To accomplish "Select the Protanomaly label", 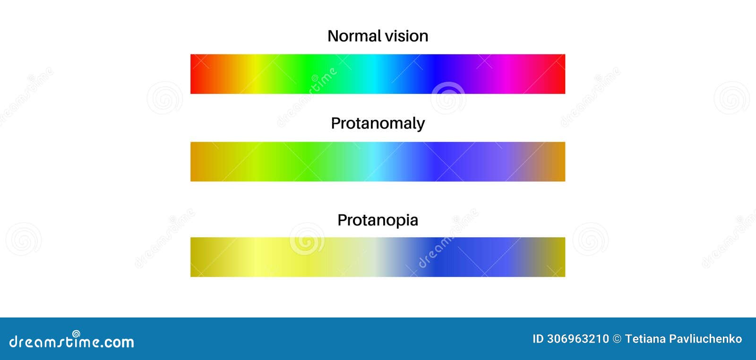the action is click(x=378, y=124).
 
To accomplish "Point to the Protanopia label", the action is click(x=378, y=221).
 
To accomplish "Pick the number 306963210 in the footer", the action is click(x=578, y=339).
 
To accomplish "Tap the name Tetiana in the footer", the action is click(x=645, y=339).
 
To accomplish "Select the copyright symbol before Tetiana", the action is click(x=617, y=339).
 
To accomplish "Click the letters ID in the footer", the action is click(x=538, y=339).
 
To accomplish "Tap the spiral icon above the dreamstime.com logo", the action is click(x=76, y=334).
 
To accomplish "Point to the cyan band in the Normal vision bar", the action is click(x=375, y=74).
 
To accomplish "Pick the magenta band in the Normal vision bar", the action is click(x=503, y=74).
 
